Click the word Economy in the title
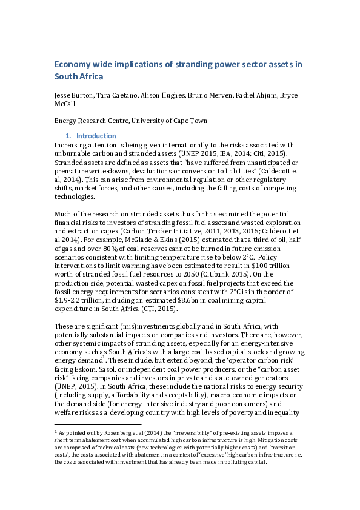tap(75, 64)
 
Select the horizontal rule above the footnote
tap(98, 425)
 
